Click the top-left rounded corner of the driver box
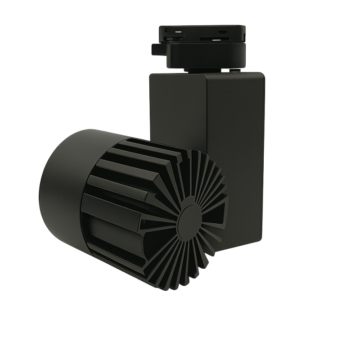[x=152, y=76]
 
